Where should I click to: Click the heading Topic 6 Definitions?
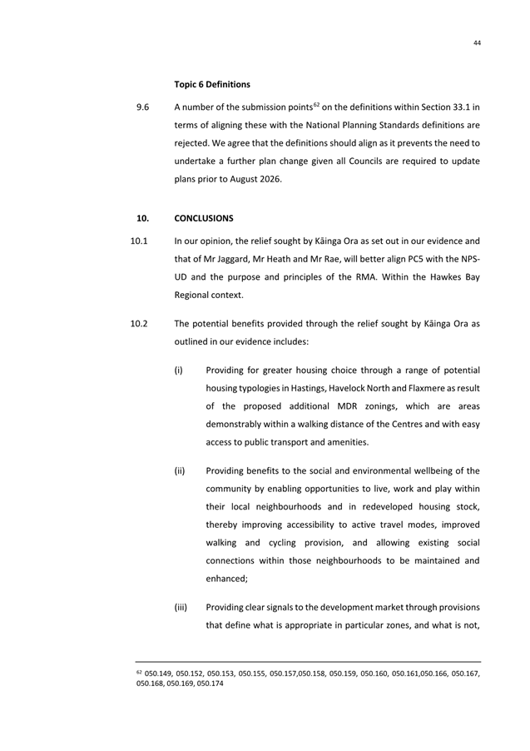pyautogui.click(x=212, y=84)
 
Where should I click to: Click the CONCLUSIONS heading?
pyautogui.click(x=204, y=218)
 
